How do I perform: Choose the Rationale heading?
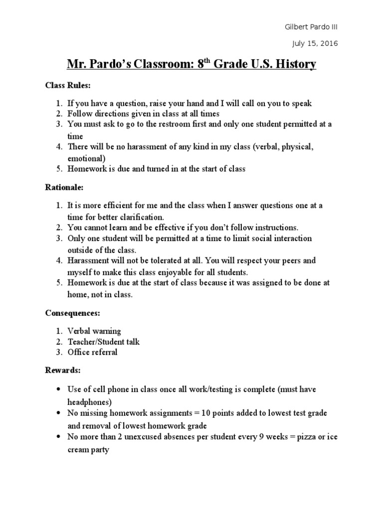(x=64, y=188)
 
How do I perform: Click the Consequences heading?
(x=73, y=313)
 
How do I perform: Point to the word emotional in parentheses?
(x=86, y=158)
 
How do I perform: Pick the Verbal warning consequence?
(x=94, y=331)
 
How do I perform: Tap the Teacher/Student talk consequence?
(x=104, y=342)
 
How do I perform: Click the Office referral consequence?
(x=93, y=353)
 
